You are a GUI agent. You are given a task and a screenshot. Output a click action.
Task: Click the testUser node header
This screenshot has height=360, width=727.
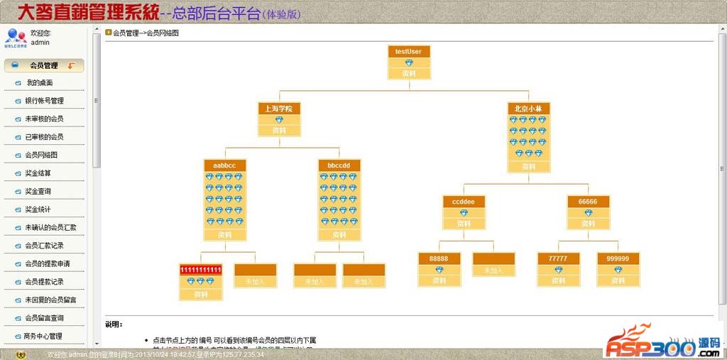click(x=409, y=51)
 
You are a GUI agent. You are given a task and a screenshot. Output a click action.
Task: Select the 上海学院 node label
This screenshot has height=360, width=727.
click(x=279, y=109)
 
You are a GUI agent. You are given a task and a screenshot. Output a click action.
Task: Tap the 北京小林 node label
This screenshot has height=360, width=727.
click(x=529, y=109)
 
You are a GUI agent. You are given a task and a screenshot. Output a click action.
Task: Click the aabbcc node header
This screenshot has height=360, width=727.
click(x=224, y=165)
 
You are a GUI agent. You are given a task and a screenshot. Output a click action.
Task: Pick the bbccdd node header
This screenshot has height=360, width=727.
click(x=339, y=165)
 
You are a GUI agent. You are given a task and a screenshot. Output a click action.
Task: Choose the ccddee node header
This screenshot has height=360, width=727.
click(x=464, y=202)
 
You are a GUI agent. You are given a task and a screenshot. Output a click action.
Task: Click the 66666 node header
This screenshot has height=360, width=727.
click(x=588, y=202)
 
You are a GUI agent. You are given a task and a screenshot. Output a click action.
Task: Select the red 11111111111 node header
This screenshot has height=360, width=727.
click(x=201, y=270)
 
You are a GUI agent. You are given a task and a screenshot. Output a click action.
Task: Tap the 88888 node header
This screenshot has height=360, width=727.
click(x=439, y=258)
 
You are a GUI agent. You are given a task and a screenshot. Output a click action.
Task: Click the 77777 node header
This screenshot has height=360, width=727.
click(x=557, y=258)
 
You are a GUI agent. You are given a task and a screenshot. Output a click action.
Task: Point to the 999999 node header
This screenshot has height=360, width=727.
click(x=618, y=258)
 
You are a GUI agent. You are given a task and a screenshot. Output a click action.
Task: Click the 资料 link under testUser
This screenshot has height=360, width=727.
click(x=409, y=73)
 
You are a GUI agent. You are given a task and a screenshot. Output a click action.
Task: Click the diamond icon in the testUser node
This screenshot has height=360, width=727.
click(x=409, y=62)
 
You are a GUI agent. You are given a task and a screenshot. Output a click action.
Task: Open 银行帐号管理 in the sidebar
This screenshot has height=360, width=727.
click(x=44, y=101)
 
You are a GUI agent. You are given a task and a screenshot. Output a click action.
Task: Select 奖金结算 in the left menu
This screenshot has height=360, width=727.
click(x=38, y=173)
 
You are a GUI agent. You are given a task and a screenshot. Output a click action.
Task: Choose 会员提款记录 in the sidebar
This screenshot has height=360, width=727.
click(x=44, y=282)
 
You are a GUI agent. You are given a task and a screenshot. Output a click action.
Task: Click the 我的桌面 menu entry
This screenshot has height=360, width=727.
click(x=39, y=82)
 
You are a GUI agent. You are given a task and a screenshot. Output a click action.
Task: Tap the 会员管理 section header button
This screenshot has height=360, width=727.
click(x=44, y=65)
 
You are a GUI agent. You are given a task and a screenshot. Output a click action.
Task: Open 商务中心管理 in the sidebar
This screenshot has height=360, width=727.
click(x=43, y=336)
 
